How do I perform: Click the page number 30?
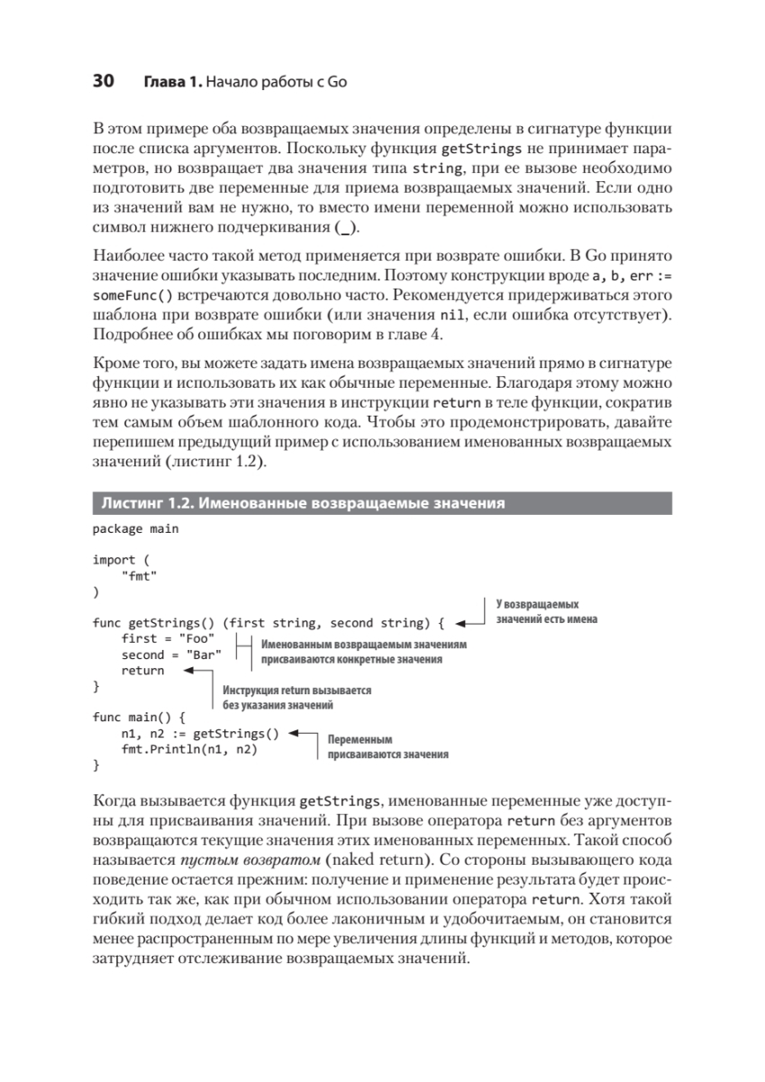coord(102,83)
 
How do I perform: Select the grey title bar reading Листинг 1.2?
coord(381,502)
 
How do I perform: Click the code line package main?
coord(135,528)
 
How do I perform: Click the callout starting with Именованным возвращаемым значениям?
coord(364,653)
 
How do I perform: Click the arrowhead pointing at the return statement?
coord(188,671)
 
